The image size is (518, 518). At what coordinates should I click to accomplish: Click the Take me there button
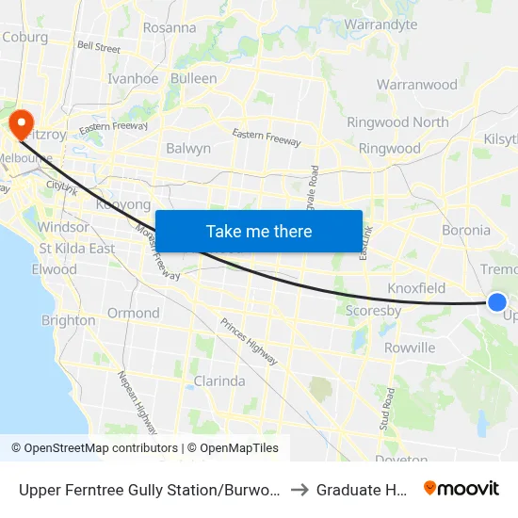[x=259, y=232]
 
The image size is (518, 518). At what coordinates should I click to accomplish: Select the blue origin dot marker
[x=497, y=302]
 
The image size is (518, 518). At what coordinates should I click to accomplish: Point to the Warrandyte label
[x=380, y=24]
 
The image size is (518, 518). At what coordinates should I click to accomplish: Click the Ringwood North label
[x=397, y=122]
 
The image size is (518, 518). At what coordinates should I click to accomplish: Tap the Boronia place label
[x=466, y=230]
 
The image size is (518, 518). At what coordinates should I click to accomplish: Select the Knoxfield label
[x=416, y=288]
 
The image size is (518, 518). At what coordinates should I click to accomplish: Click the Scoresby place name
[x=373, y=311]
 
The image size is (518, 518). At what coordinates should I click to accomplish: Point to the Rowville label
[x=410, y=348]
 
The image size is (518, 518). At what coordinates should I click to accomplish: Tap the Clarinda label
[x=219, y=381]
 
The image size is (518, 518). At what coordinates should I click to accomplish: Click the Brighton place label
[x=68, y=320]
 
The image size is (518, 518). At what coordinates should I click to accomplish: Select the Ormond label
[x=133, y=313]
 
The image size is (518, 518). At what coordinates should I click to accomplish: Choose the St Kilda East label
[x=77, y=249]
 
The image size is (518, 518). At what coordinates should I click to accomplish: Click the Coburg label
[x=25, y=37]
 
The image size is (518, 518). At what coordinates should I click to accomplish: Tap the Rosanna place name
[x=169, y=28]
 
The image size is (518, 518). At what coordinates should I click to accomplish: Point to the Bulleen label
[x=193, y=79]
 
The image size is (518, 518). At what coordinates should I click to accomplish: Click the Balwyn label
[x=188, y=149]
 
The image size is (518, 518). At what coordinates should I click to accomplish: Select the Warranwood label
[x=417, y=85]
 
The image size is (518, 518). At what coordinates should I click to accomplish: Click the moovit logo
[x=461, y=488]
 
